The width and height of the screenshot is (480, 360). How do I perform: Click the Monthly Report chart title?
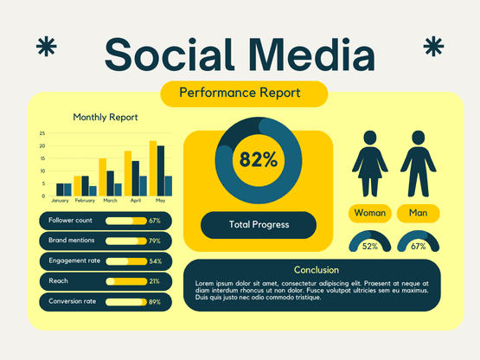pos(106,118)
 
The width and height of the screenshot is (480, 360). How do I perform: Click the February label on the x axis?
pos(85,201)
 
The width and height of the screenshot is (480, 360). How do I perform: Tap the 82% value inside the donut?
pos(259,159)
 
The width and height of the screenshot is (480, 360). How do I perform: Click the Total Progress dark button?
pos(259,225)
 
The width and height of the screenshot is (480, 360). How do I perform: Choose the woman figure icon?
pos(370,164)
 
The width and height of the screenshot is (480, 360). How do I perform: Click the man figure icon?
pos(418,164)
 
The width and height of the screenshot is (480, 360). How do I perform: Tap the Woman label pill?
pos(370,213)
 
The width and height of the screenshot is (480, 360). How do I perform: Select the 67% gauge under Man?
pos(418,242)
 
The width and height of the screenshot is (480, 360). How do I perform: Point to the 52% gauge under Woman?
pos(370,242)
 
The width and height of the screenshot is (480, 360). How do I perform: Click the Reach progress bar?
pos(125,281)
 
